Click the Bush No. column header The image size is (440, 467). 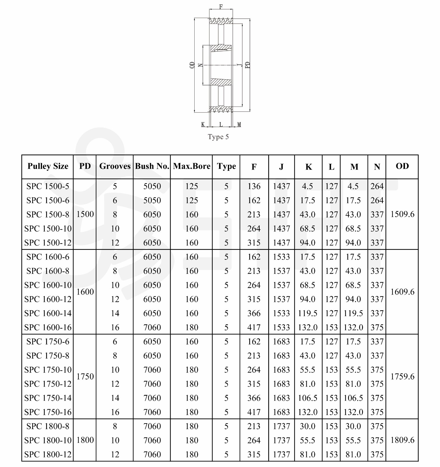152,166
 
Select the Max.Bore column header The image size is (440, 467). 192,166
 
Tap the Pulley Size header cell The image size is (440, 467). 48,166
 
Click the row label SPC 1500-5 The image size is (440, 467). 48,186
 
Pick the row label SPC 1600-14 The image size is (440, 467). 48,313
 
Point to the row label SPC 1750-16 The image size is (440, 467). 48,412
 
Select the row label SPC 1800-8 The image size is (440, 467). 48,426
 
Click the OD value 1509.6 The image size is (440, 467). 402,214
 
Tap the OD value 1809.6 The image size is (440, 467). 402,440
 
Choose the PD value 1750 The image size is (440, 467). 85,377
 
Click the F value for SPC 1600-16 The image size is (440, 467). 254,327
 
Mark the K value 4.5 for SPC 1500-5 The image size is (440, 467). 308,186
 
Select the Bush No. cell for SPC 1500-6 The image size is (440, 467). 152,200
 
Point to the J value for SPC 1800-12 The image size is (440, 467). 281,454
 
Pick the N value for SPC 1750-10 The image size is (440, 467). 377,370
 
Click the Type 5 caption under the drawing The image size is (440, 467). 218,137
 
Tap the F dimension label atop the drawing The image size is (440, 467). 221,6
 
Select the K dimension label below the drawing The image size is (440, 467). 203,125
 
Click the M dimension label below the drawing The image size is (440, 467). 239,125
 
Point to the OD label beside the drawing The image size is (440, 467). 192,65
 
